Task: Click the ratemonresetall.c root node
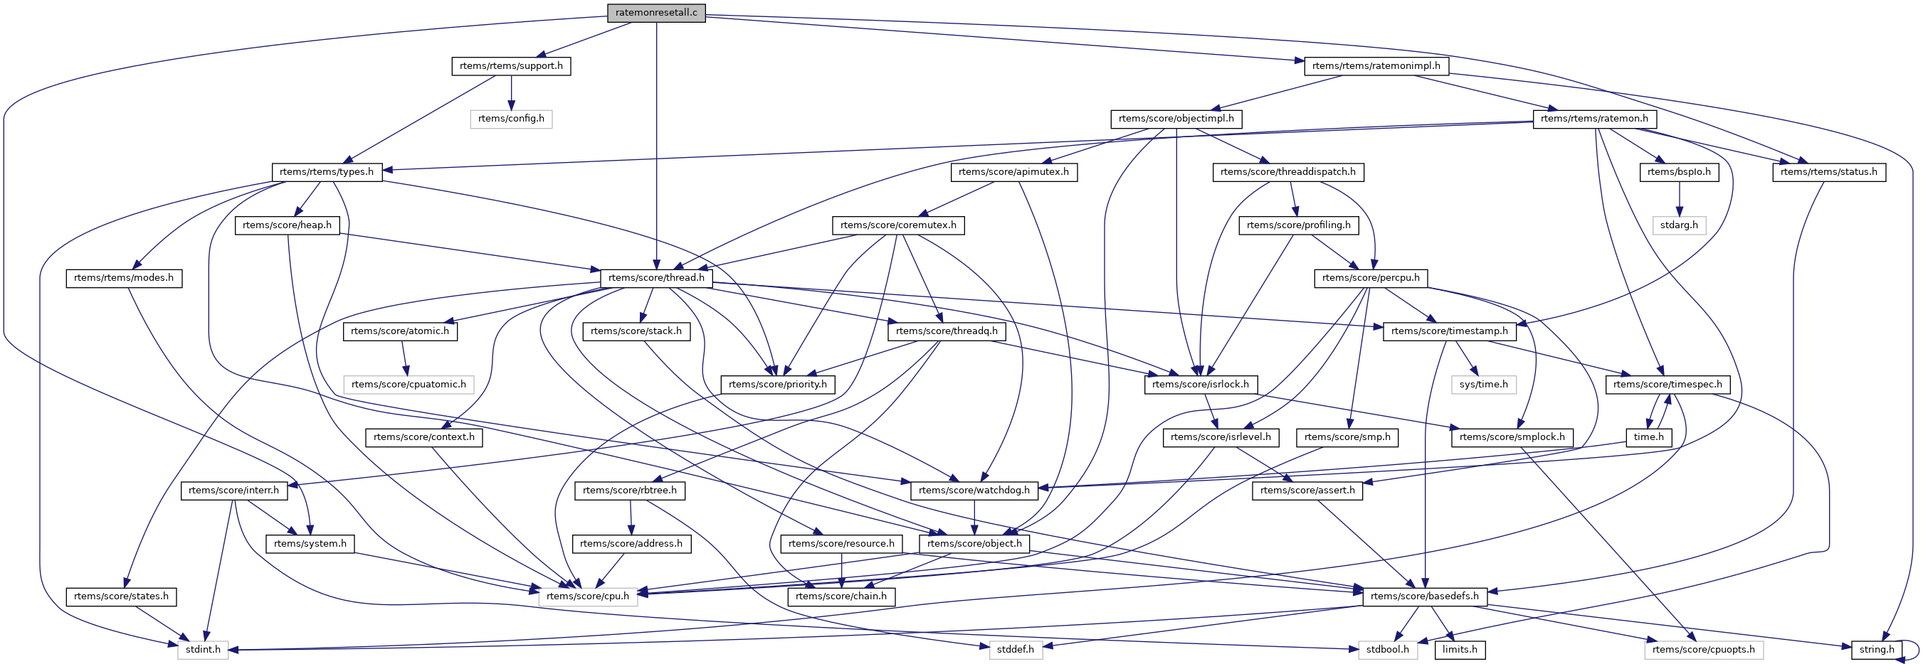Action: coord(655,13)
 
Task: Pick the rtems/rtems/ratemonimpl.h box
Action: coord(1376,66)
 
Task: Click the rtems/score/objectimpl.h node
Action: coord(1176,119)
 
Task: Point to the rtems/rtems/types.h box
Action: coord(326,172)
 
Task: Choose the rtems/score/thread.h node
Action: coord(655,278)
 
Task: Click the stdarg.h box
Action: coord(1679,225)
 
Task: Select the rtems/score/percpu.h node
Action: coord(1371,278)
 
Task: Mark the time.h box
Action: coord(1648,437)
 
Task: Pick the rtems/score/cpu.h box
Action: coord(587,597)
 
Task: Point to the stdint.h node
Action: coord(203,650)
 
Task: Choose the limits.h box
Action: coord(1460,650)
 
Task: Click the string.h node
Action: coord(1876,650)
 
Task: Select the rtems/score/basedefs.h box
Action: coord(1424,597)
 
